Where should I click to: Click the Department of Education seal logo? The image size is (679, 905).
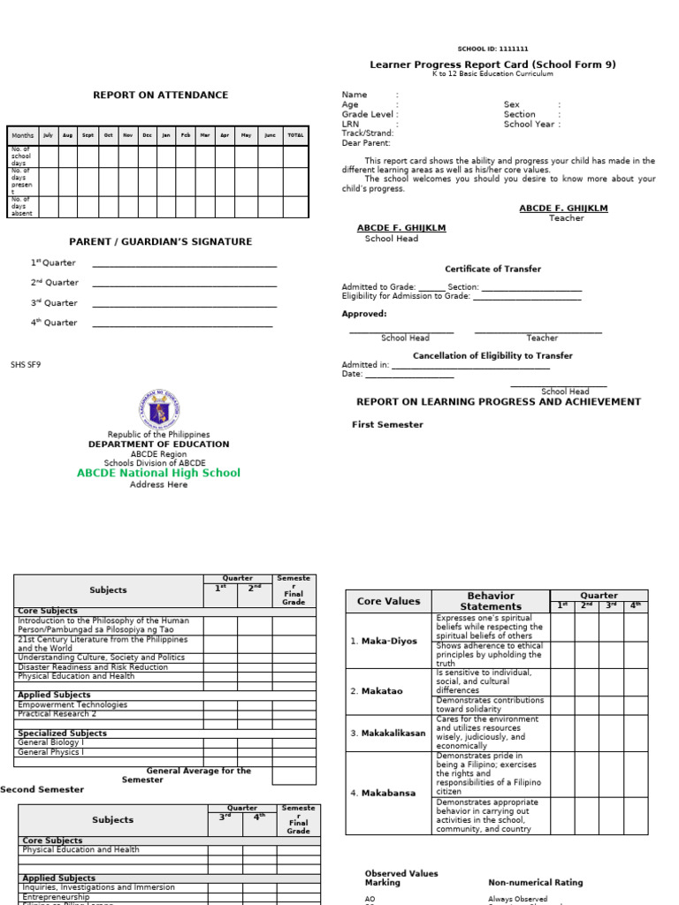[x=159, y=409]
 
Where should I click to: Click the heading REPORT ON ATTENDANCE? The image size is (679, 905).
[x=161, y=95]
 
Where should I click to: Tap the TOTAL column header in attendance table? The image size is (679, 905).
[x=295, y=135]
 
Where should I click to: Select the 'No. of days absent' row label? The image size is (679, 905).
[x=20, y=207]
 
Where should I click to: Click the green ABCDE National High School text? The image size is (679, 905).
[x=158, y=473]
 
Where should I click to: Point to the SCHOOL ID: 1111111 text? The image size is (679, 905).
[x=493, y=49]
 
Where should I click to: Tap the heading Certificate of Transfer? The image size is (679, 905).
[x=492, y=269]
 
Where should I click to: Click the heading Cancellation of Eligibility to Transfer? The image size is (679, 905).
[x=492, y=355]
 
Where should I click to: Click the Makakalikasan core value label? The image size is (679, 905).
[x=388, y=733]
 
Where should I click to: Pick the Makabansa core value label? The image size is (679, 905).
[x=383, y=793]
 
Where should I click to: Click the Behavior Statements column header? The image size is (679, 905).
[x=491, y=601]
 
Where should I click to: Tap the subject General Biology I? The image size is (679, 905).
[x=51, y=742]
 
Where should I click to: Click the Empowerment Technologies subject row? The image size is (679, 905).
[x=72, y=704]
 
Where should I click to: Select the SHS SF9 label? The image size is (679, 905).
[x=26, y=363]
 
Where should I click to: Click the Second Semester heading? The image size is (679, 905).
[x=42, y=789]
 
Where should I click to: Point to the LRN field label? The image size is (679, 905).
[x=351, y=125]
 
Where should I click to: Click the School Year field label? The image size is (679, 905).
[x=530, y=125]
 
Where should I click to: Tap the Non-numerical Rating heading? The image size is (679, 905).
[x=535, y=882]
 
